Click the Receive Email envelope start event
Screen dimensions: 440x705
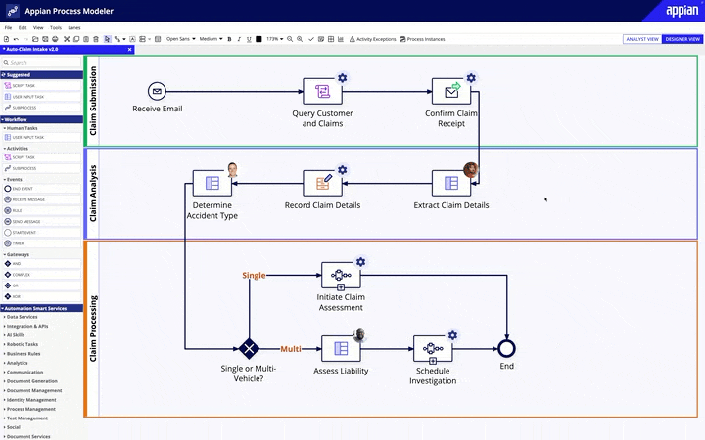pyautogui.click(x=158, y=91)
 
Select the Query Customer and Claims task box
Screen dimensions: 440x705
pyautogui.click(x=322, y=92)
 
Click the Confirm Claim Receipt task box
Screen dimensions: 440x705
pyautogui.click(x=450, y=92)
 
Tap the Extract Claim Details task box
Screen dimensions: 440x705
pyautogui.click(x=450, y=183)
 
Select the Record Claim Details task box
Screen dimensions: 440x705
pyautogui.click(x=322, y=183)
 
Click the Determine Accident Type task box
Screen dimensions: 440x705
pyautogui.click(x=211, y=183)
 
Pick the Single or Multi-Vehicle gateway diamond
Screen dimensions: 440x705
pyautogui.click(x=249, y=348)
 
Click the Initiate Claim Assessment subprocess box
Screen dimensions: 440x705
pyautogui.click(x=341, y=276)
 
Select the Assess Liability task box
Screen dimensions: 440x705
pyautogui.click(x=341, y=348)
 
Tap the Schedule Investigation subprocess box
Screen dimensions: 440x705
pyautogui.click(x=432, y=348)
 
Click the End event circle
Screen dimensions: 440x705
pyautogui.click(x=506, y=348)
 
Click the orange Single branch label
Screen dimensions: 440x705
pyautogui.click(x=254, y=276)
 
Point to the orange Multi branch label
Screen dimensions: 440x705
pyautogui.click(x=291, y=348)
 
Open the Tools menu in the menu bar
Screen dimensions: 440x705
pyautogui.click(x=55, y=28)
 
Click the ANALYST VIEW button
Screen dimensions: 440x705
pyautogui.click(x=641, y=39)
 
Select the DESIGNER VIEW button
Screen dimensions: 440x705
pyautogui.click(x=681, y=39)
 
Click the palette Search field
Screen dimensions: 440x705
pyautogui.click(x=41, y=63)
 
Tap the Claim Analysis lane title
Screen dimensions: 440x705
pyautogui.click(x=93, y=194)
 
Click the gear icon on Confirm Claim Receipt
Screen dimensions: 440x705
pyautogui.click(x=471, y=78)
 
